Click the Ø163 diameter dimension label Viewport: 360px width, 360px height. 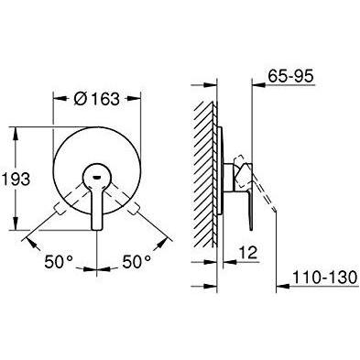click(x=96, y=99)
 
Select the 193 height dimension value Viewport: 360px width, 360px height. click(x=16, y=179)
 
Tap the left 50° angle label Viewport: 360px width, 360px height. click(x=59, y=262)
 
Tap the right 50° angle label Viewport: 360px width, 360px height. click(x=136, y=262)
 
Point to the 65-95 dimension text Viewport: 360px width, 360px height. click(x=290, y=76)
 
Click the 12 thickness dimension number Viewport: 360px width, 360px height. click(x=249, y=253)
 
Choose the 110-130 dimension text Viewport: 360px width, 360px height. click(x=324, y=278)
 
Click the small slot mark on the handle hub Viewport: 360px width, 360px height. click(x=97, y=178)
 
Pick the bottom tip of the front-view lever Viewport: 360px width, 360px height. click(x=97, y=229)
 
